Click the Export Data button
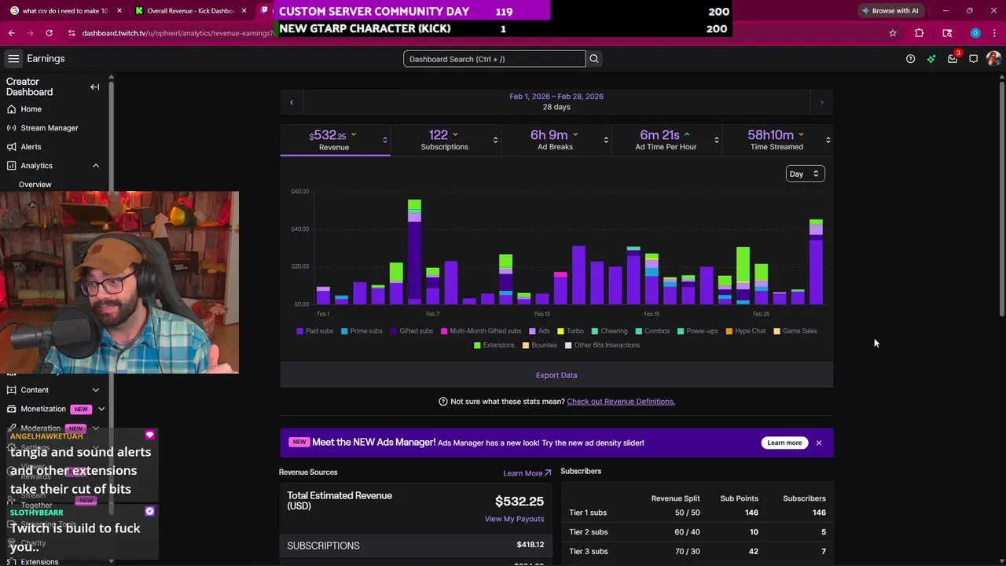(556, 375)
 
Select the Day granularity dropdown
(804, 174)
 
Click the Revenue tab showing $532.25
(334, 140)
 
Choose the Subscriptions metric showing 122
(444, 140)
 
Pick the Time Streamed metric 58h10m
(776, 140)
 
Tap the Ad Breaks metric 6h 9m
(555, 140)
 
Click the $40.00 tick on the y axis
(299, 229)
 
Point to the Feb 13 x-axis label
(542, 314)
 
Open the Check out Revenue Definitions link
(620, 402)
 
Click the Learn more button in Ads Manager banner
(784, 443)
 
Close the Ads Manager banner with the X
(818, 443)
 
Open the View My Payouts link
(514, 519)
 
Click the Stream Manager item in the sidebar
(50, 128)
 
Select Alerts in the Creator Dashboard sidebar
(31, 147)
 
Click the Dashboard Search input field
(494, 59)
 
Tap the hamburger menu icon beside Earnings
(13, 59)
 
